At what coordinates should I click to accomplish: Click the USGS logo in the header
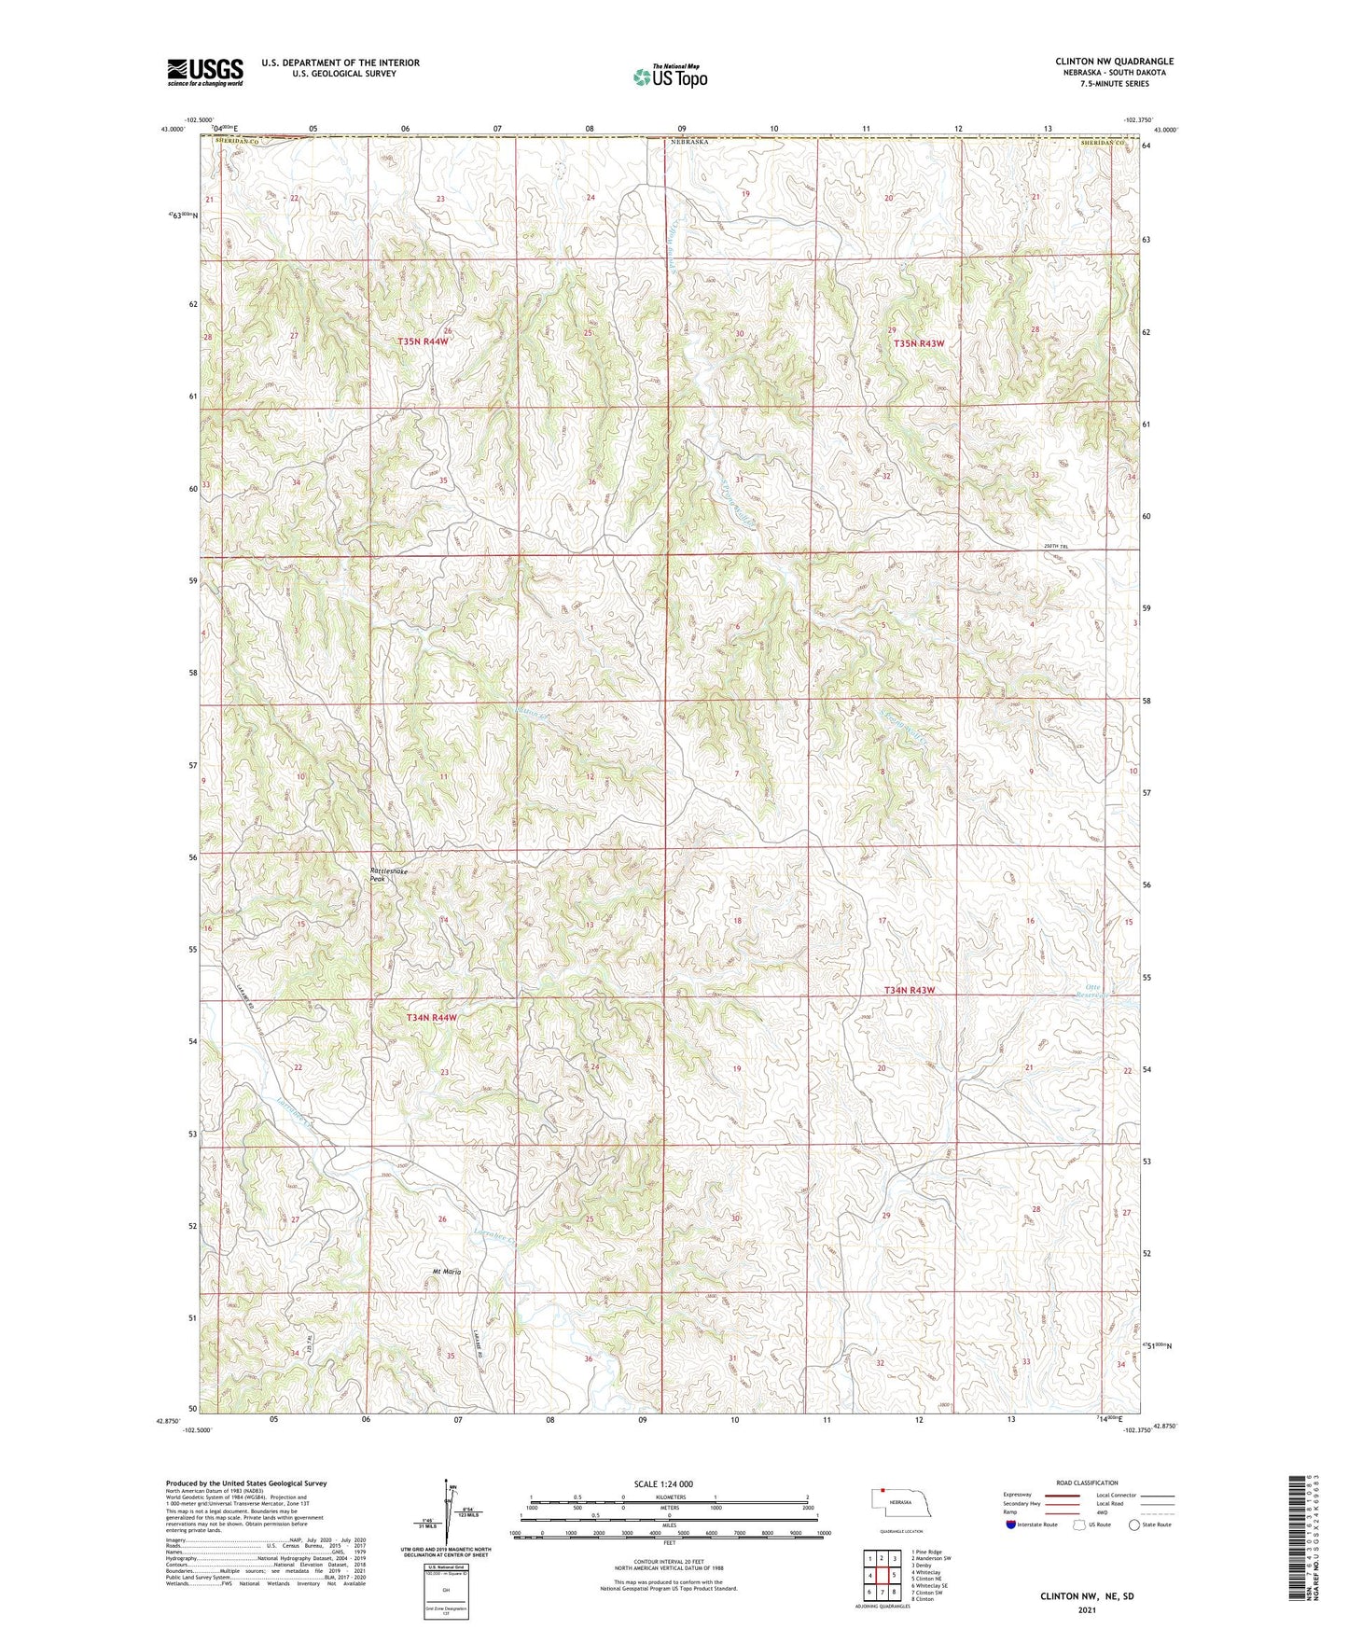click(x=205, y=72)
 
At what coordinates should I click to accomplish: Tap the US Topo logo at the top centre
click(x=670, y=77)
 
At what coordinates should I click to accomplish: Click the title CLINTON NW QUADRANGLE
click(x=1114, y=62)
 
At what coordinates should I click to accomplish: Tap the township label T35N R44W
click(x=424, y=342)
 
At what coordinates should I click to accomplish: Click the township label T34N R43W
click(x=910, y=991)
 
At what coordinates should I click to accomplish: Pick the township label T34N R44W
click(x=432, y=1018)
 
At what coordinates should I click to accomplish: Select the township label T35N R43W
click(x=919, y=343)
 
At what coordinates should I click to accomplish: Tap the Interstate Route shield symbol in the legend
click(x=1010, y=1525)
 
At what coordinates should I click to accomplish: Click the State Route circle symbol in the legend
click(x=1134, y=1525)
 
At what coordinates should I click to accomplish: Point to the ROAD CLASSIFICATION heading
click(x=1087, y=1483)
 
